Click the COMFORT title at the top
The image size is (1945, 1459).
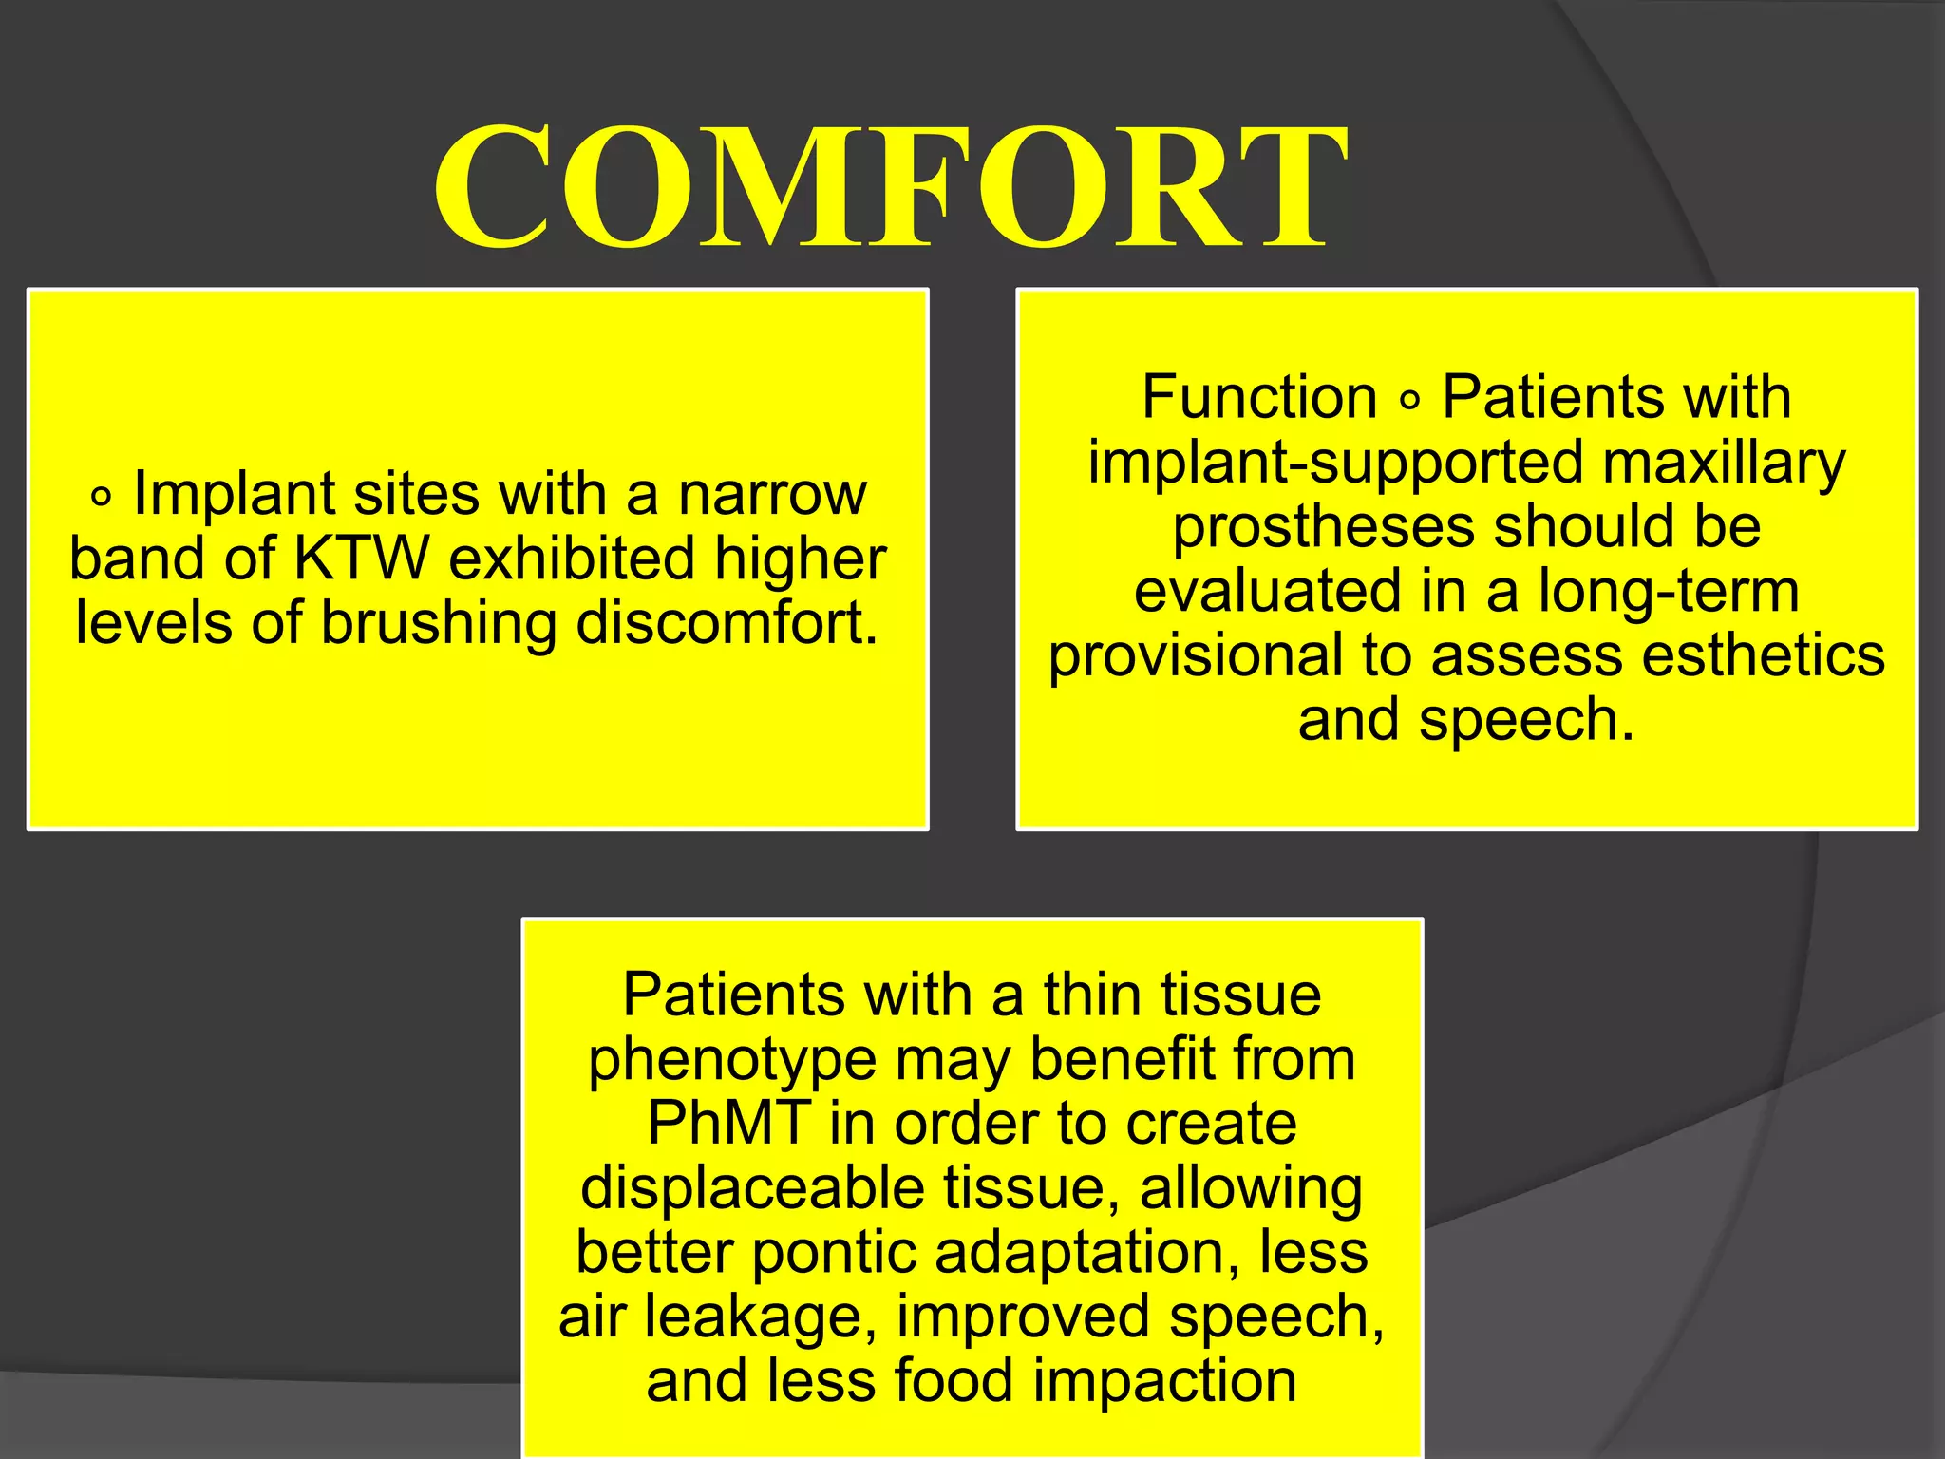tap(891, 187)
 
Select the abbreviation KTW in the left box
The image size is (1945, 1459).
tap(361, 559)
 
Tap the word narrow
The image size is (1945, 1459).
tap(771, 494)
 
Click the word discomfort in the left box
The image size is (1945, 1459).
tap(727, 623)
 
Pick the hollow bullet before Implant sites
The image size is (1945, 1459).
tap(101, 497)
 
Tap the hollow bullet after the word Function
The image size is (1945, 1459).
tap(1410, 401)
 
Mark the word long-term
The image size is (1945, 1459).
tap(1669, 592)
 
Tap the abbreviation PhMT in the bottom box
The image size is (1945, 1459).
tap(729, 1124)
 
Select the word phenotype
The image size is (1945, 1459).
tap(731, 1062)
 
